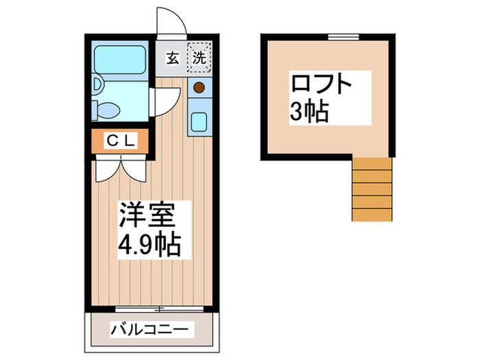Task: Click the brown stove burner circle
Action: point(199,87)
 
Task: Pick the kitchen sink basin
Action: point(200,121)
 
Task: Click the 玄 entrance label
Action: point(171,59)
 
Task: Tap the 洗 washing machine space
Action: point(199,58)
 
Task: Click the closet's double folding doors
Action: point(121,169)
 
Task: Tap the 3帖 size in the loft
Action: point(309,112)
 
